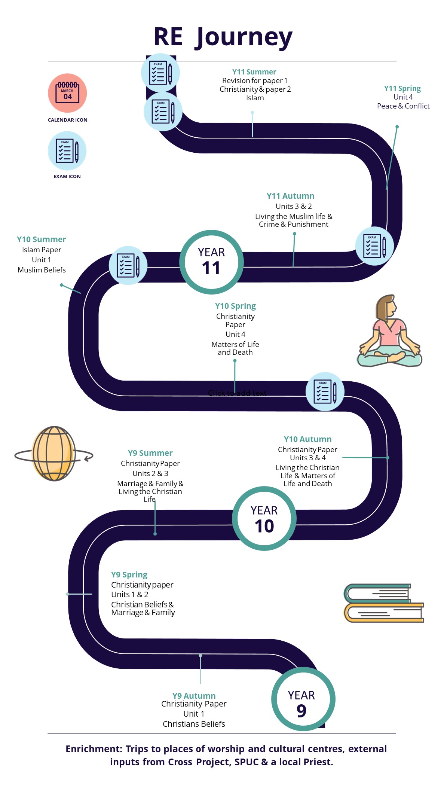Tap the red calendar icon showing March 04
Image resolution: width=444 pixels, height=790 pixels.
tap(67, 93)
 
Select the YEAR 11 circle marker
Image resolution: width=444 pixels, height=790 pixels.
tap(211, 262)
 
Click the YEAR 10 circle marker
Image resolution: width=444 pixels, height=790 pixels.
tap(264, 518)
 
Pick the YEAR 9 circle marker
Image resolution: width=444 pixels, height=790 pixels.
tap(303, 699)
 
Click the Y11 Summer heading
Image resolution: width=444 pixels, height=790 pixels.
tap(254, 72)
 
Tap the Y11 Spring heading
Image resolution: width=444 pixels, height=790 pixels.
tap(402, 89)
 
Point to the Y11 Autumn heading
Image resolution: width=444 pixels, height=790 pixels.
tap(290, 196)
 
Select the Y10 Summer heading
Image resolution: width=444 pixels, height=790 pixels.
tap(41, 240)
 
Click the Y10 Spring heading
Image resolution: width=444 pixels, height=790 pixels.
tap(235, 306)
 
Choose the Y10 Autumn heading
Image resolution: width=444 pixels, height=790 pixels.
tap(307, 439)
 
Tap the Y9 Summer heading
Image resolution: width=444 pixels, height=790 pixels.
tap(150, 453)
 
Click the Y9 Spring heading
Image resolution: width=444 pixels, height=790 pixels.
tap(129, 575)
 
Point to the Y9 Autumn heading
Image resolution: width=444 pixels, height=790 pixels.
tap(194, 696)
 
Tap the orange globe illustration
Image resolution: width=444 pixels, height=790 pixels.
tap(54, 453)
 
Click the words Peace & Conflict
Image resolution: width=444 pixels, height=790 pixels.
tap(403, 106)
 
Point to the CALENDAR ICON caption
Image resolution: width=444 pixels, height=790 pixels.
tap(68, 120)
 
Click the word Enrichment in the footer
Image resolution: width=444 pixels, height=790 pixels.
tap(94, 749)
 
